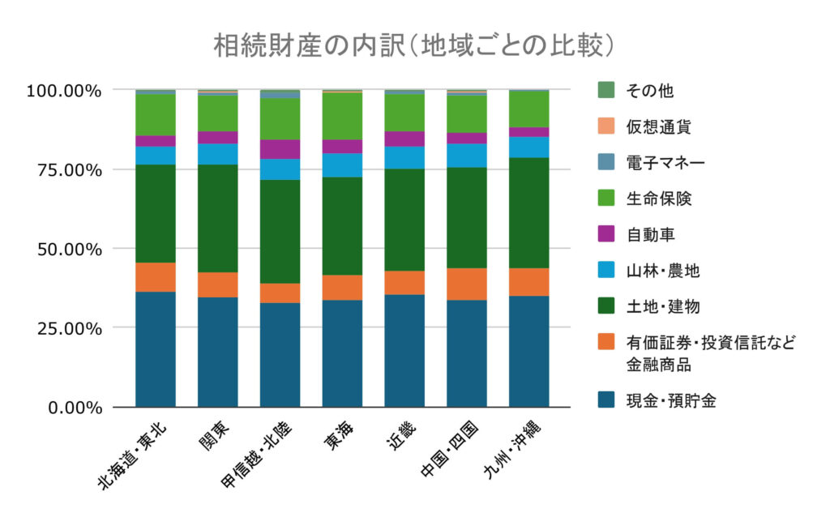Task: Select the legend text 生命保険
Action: pos(658,199)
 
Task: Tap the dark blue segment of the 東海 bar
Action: pos(342,353)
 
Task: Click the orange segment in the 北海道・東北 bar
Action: pos(156,276)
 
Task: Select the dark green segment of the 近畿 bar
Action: pos(404,220)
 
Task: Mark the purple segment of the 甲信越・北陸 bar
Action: pos(280,149)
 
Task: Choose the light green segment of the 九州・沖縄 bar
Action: pos(528,109)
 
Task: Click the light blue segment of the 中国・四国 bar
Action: pos(466,155)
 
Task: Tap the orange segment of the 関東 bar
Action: pos(217,284)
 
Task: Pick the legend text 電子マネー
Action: pos(664,163)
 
